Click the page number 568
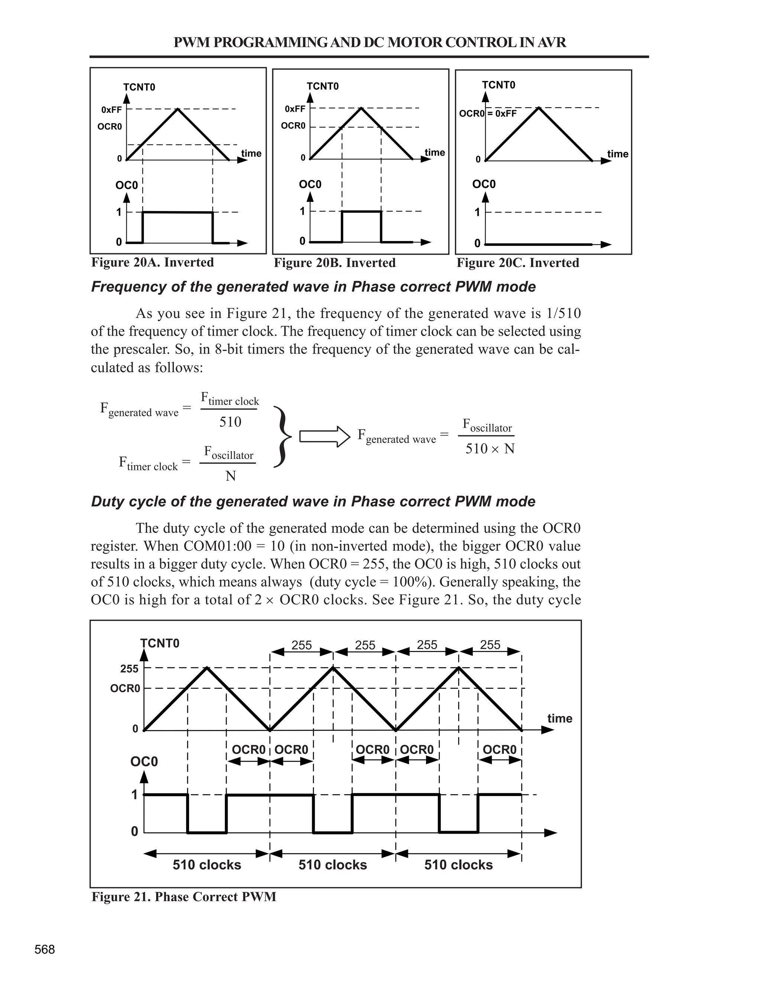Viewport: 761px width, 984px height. [45, 950]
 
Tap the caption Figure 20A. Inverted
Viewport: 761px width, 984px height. [152, 262]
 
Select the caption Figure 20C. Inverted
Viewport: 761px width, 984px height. [518, 263]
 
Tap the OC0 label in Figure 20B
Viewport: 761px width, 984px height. [310, 184]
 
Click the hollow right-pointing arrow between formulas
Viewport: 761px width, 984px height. [325, 437]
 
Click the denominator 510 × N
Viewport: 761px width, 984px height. [490, 449]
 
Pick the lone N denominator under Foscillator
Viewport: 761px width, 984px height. [230, 476]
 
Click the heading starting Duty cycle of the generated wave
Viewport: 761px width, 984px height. [313, 501]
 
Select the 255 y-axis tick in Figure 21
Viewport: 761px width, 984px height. [129, 669]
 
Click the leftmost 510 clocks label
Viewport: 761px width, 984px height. [207, 864]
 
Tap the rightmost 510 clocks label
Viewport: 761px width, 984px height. [458, 864]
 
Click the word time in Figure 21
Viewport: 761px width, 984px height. [560, 718]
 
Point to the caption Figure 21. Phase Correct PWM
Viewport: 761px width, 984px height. [184, 897]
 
